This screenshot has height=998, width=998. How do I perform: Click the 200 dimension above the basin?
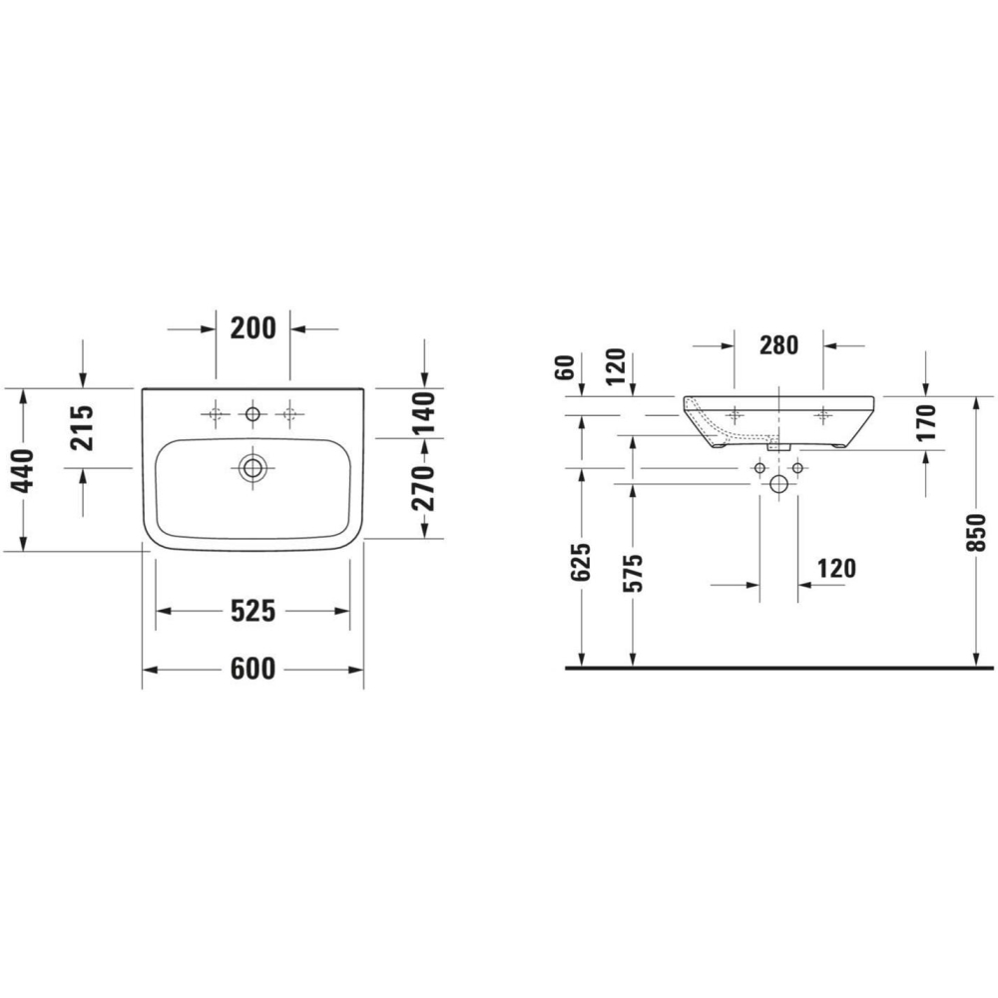(252, 328)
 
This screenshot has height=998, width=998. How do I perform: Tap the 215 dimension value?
(82, 428)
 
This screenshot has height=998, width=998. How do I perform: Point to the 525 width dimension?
(252, 611)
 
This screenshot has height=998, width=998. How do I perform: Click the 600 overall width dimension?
(252, 669)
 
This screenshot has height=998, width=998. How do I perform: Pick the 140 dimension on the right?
(424, 413)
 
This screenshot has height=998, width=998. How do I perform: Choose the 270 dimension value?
(424, 488)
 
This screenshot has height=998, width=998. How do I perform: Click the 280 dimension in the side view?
(778, 345)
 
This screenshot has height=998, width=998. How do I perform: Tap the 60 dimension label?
(565, 367)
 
